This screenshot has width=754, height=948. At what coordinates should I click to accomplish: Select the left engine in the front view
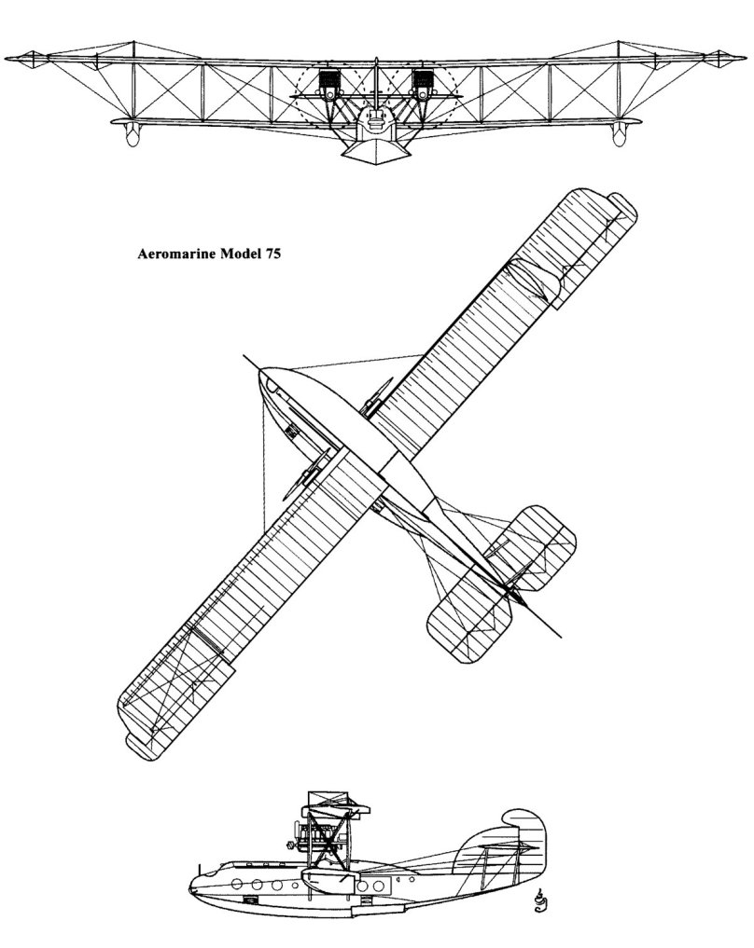pyautogui.click(x=328, y=84)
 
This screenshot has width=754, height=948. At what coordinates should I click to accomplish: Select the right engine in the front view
pyautogui.click(x=425, y=84)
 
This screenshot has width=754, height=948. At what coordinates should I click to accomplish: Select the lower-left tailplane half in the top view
pyautogui.click(x=467, y=620)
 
